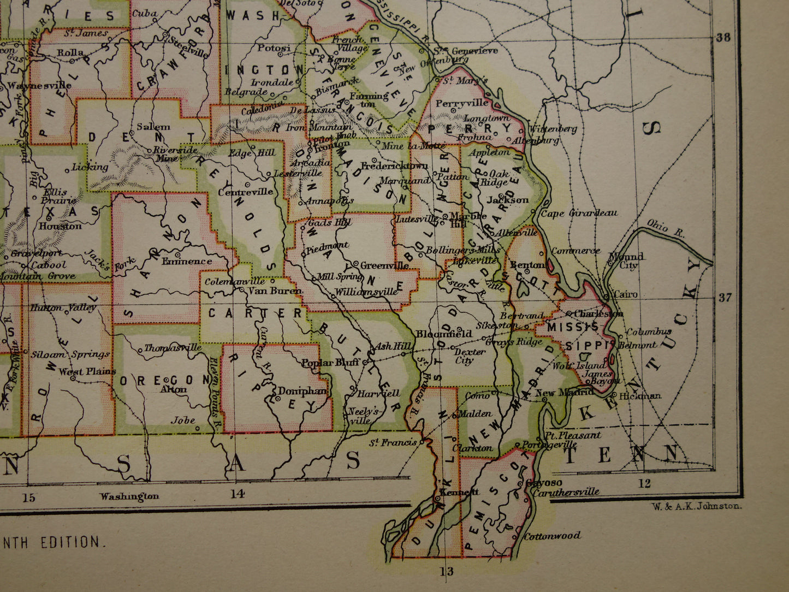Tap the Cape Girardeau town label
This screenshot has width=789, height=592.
coord(579,213)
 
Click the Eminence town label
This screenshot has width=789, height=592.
coord(187,261)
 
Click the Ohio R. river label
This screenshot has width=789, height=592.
coord(666,228)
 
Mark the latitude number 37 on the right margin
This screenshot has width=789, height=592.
coord(724,298)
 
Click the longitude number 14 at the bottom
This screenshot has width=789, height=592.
coord(236,494)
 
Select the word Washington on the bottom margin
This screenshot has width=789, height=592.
coord(129,496)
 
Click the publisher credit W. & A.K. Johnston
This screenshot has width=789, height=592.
coord(696,506)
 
